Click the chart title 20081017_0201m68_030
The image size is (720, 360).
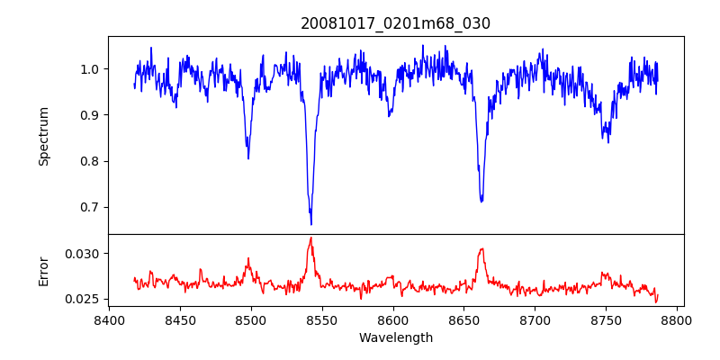pos(395,23)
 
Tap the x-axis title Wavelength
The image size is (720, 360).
pos(395,337)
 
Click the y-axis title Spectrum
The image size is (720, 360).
pos(43,136)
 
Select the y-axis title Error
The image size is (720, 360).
pos(43,271)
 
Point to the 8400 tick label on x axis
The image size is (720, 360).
pos(109,319)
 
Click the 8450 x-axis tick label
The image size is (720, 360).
pos(180,319)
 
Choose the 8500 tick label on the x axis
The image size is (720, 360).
pos(251,319)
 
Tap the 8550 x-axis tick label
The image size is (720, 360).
pos(322,319)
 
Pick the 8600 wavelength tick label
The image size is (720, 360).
pos(393,319)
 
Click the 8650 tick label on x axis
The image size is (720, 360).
pos(464,319)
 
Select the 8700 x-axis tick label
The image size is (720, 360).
pos(535,319)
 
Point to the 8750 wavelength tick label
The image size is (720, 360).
pos(607,319)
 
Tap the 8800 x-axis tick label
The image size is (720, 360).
pos(678,319)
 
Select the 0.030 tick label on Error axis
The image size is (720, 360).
pos(85,254)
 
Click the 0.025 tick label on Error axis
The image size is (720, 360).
pos(85,299)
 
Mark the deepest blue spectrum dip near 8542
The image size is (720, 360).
pos(311,224)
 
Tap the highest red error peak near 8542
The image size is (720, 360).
pos(310,238)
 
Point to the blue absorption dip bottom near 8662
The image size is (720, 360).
pos(481,201)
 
